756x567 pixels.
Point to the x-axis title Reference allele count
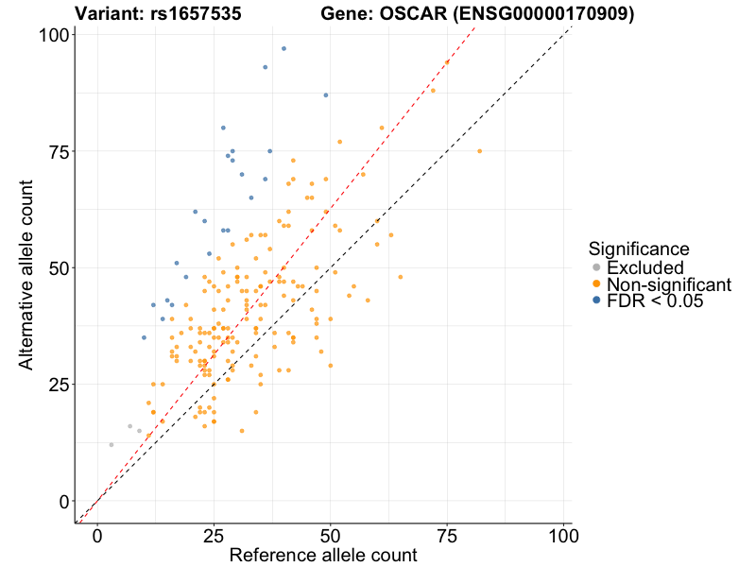click(x=322, y=556)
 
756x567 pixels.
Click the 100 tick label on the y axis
click(x=53, y=35)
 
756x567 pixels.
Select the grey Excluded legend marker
click(x=595, y=267)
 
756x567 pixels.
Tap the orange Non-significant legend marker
click(x=595, y=284)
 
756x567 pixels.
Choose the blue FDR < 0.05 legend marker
click(x=595, y=301)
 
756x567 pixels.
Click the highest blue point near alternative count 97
click(x=283, y=48)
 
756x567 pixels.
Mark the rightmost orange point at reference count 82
click(x=479, y=151)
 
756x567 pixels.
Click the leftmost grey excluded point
click(x=112, y=444)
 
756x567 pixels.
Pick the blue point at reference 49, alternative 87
click(x=326, y=95)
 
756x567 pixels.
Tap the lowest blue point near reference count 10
click(x=144, y=337)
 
